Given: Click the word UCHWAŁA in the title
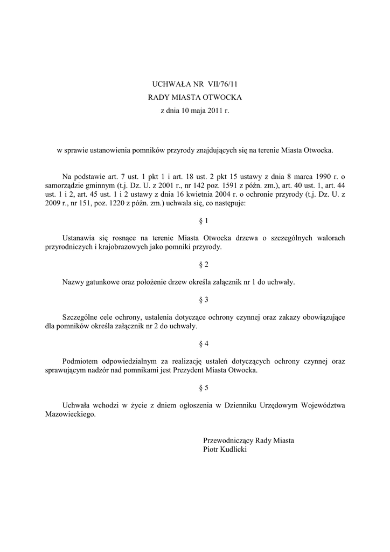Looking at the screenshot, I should point(169,84).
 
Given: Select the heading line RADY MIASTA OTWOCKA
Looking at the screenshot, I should point(195,98).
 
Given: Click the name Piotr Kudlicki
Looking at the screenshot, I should point(225,449).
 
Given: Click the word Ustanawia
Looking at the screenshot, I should point(78,238).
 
